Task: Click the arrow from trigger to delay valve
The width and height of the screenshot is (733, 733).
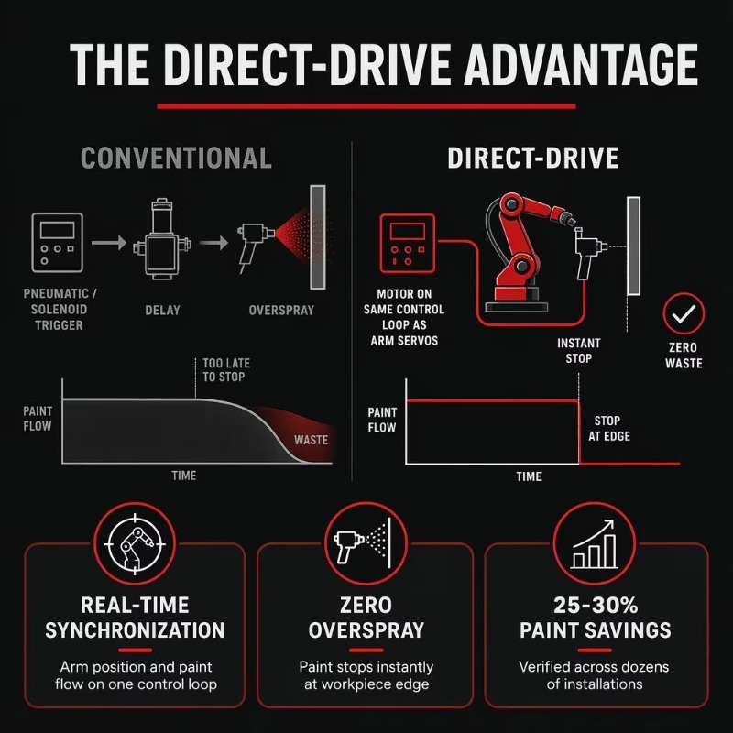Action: click(x=109, y=243)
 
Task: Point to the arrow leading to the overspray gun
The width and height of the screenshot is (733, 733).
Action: click(x=213, y=243)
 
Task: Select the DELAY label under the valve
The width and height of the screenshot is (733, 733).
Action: click(x=162, y=310)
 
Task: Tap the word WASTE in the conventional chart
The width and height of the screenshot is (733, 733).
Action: click(x=311, y=440)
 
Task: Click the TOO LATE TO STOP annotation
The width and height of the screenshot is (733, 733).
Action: click(x=226, y=370)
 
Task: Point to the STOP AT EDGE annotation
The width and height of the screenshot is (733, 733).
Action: click(x=609, y=428)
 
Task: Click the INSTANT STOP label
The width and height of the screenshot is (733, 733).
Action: click(x=579, y=351)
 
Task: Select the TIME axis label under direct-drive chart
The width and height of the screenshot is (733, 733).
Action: click(x=529, y=476)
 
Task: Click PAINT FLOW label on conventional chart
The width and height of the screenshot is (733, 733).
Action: click(x=38, y=419)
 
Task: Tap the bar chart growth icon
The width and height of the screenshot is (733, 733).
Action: click(x=594, y=543)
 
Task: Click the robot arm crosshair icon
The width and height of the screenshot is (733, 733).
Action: click(x=135, y=543)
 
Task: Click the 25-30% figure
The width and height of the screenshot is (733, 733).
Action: click(x=595, y=606)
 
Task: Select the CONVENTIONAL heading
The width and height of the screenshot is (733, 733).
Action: click(x=176, y=158)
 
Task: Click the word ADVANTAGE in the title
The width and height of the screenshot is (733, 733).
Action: click(x=581, y=64)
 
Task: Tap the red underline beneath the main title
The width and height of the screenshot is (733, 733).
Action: click(x=366, y=106)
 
